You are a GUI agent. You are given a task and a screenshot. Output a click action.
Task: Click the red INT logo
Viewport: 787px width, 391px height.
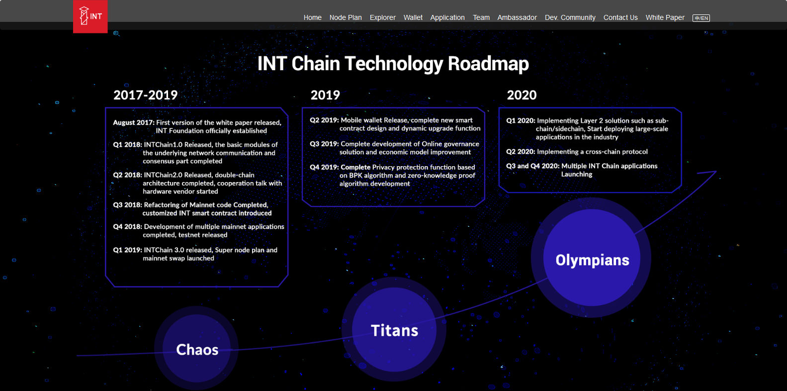coord(90,16)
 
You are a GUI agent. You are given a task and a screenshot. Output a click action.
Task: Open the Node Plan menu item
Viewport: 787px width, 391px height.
coord(346,17)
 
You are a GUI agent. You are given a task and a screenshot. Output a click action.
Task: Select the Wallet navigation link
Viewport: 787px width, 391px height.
coord(413,17)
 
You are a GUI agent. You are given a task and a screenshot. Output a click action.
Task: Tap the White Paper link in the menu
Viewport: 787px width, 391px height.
coord(665,17)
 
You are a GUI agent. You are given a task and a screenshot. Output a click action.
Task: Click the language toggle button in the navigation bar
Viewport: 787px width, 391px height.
coord(701,18)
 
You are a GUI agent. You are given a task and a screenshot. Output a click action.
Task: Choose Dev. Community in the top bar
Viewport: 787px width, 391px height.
coord(570,17)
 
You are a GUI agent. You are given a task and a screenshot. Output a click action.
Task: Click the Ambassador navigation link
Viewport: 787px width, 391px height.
coord(517,17)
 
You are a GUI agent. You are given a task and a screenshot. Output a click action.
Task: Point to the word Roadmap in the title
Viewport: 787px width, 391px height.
coord(488,64)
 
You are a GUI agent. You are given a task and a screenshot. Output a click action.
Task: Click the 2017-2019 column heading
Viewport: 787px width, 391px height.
coord(146,95)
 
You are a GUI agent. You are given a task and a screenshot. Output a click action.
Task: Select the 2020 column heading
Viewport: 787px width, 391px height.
coord(522,95)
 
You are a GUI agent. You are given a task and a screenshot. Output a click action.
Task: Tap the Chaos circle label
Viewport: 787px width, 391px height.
coord(197,350)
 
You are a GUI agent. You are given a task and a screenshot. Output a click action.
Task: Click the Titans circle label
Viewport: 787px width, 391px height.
coord(395,330)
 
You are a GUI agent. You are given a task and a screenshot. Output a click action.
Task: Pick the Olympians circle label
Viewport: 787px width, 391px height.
coord(592,260)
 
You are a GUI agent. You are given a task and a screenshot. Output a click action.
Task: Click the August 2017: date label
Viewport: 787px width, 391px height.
coord(134,123)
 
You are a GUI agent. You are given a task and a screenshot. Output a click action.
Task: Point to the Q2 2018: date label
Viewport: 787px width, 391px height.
coord(128,175)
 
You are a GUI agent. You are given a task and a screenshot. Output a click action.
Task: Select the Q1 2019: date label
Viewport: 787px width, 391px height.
coord(128,250)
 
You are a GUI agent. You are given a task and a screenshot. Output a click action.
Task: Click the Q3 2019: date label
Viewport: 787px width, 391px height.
coord(324,144)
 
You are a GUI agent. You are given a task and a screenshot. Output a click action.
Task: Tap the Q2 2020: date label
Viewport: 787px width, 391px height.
coord(521,152)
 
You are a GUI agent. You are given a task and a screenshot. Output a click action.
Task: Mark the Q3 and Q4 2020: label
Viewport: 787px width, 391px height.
coord(532,166)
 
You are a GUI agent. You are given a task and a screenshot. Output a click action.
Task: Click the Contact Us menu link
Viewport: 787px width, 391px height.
coord(620,17)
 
